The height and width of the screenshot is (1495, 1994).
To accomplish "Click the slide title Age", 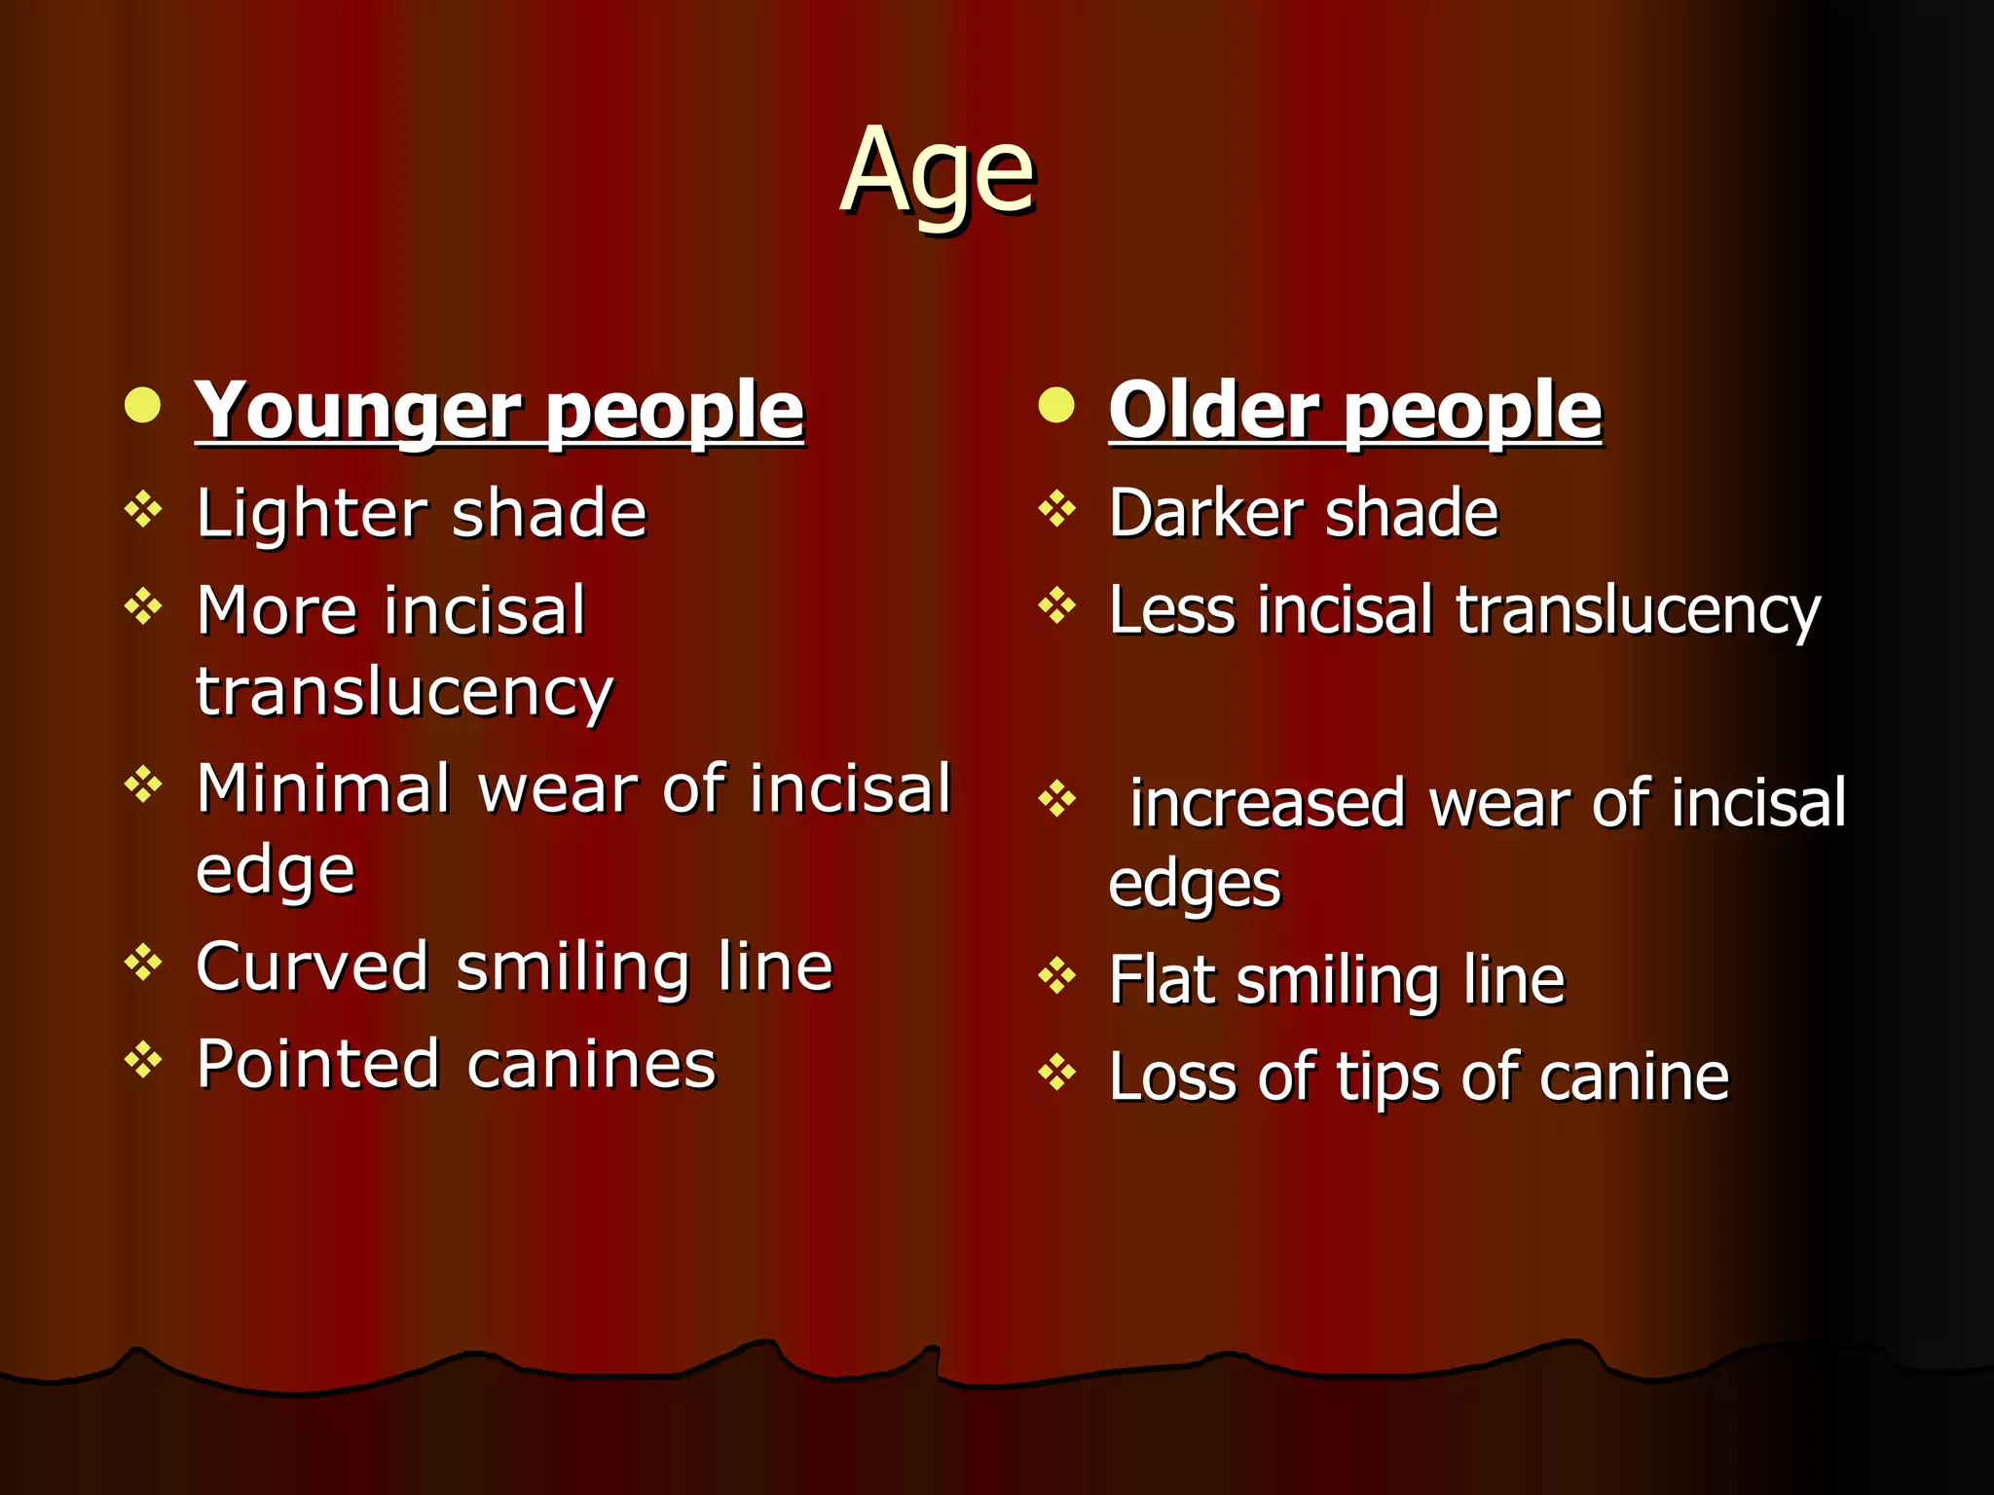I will click(x=937, y=173).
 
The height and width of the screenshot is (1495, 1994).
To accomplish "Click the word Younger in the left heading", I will click(x=356, y=411).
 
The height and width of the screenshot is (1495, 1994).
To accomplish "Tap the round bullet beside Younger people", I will click(x=143, y=405).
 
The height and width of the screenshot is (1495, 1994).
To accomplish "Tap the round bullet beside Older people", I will click(x=1056, y=405).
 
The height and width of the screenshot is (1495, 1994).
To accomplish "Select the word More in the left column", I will click(x=277, y=610).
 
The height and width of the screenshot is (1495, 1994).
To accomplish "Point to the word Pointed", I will click(x=317, y=1064).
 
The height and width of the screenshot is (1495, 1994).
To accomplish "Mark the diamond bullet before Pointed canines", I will click(x=143, y=1060).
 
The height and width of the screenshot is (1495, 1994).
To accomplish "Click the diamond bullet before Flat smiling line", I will click(x=1056, y=975).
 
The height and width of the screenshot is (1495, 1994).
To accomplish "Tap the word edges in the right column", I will click(x=1194, y=886).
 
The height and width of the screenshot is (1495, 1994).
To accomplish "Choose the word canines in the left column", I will click(x=591, y=1064).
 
